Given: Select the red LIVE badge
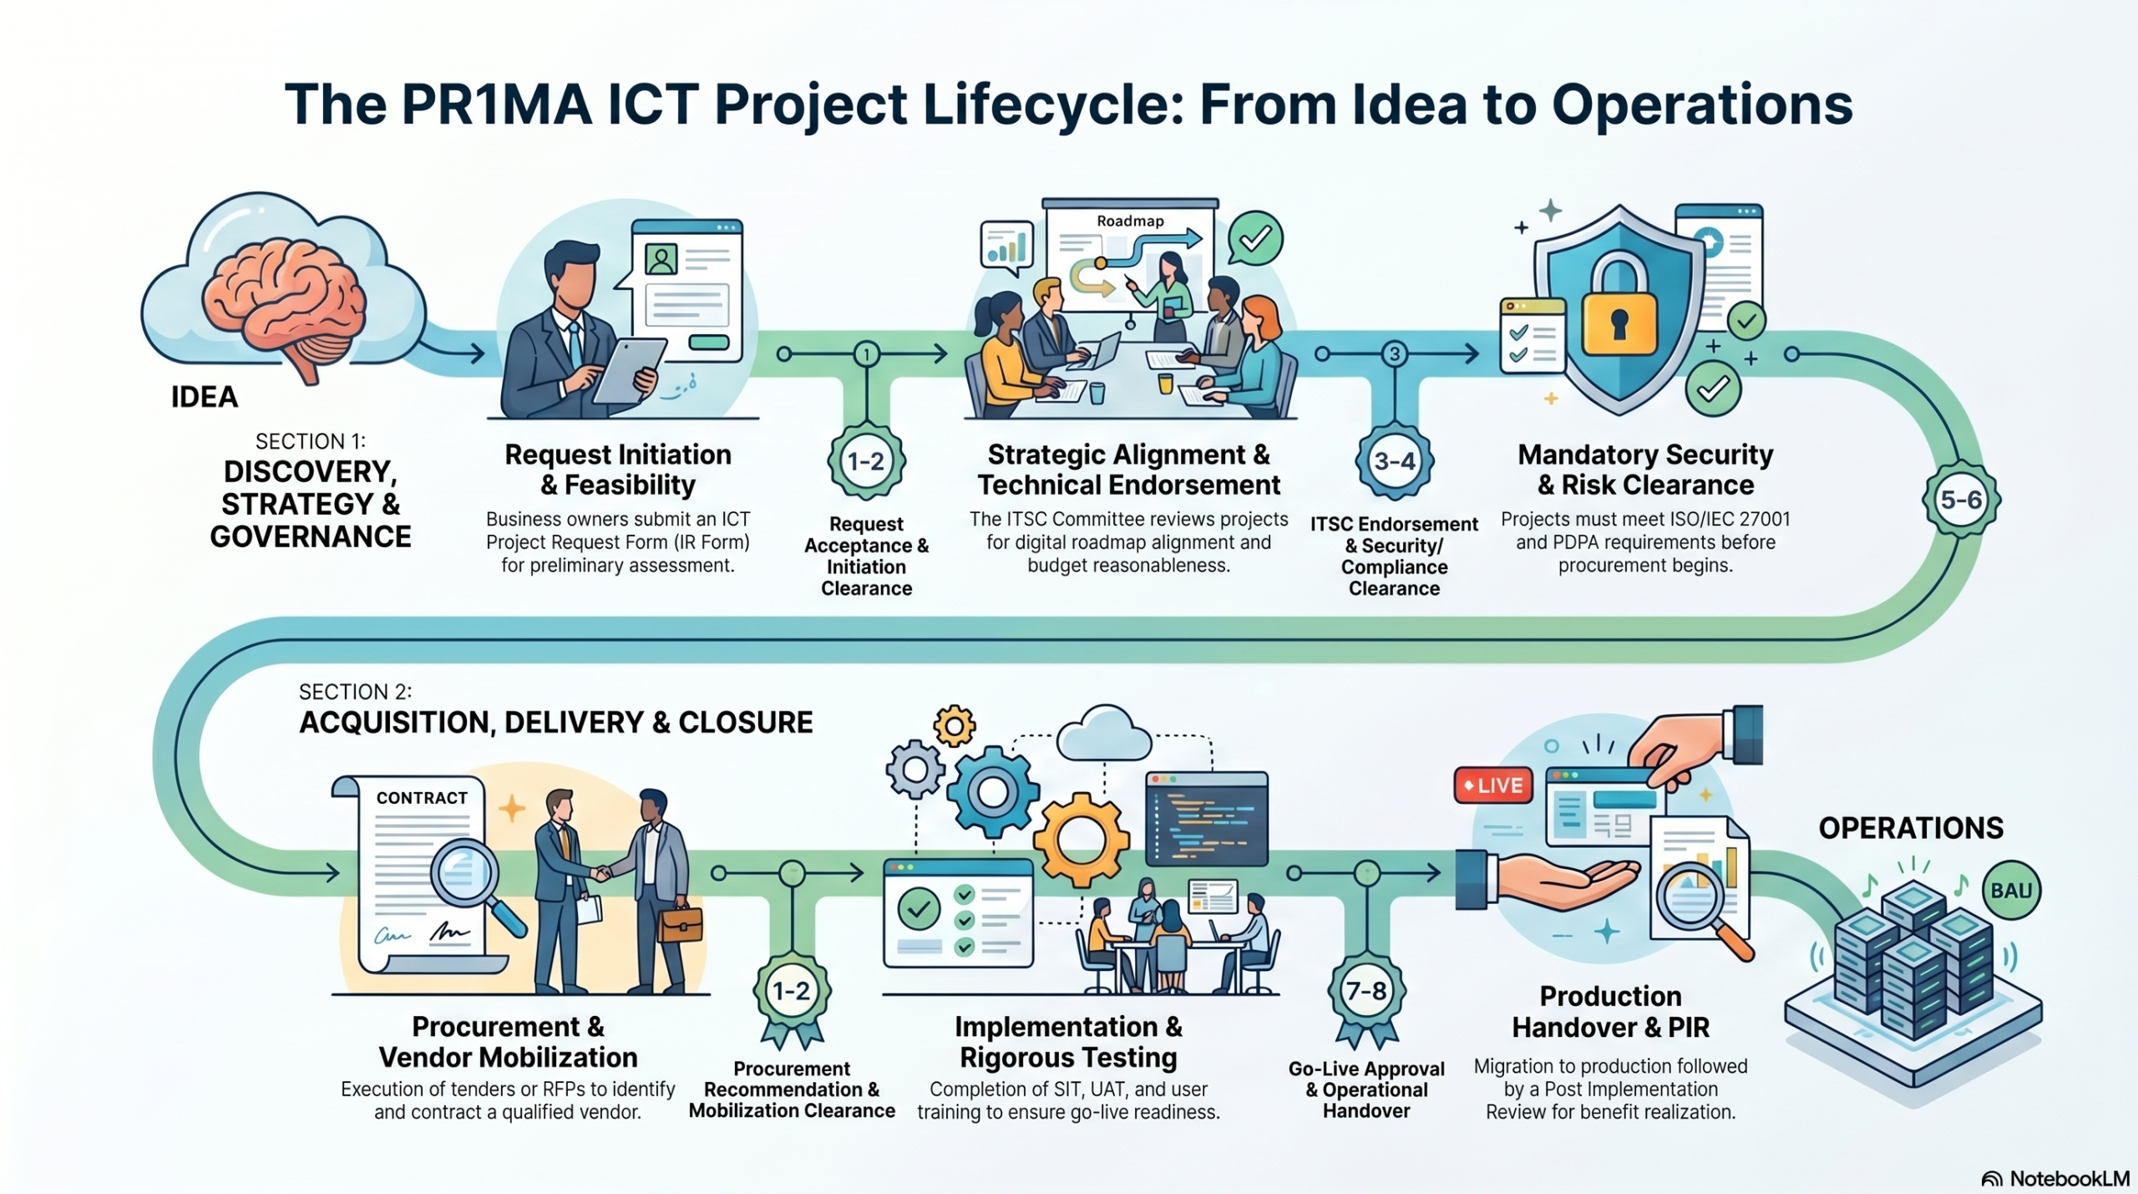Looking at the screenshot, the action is (x=1493, y=785).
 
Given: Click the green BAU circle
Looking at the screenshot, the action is (x=2011, y=891).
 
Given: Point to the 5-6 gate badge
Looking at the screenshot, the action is (x=1961, y=500).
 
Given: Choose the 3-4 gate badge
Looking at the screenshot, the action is (x=1395, y=461).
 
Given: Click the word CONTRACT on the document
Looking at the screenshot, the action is (x=422, y=798).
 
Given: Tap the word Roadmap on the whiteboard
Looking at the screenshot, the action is (x=1130, y=221).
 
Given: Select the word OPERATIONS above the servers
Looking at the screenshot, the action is (x=1911, y=828).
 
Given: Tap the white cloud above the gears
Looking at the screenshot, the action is (x=1104, y=733).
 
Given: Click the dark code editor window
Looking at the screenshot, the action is (x=1207, y=819).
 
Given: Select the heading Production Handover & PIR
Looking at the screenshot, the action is (x=1610, y=1011).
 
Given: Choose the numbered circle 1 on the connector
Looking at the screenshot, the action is (x=867, y=354).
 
